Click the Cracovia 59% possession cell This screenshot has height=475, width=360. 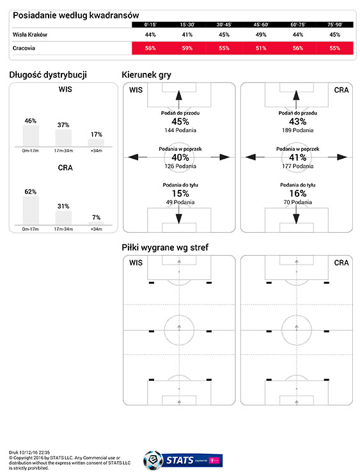[187, 48]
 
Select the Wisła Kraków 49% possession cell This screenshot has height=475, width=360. [261, 35]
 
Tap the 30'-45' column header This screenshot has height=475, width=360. [224, 24]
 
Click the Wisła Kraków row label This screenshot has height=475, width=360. [29, 35]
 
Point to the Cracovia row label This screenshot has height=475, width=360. [24, 48]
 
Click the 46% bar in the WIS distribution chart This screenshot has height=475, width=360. [31, 136]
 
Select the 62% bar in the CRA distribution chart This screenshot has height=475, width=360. [31, 210]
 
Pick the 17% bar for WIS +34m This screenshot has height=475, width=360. [96, 143]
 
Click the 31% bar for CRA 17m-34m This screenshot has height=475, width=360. [63, 217]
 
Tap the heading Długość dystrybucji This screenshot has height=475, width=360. [48, 75]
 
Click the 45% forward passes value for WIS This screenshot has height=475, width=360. [180, 121]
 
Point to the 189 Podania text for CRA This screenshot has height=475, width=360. [297, 130]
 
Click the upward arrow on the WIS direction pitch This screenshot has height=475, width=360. [179, 99]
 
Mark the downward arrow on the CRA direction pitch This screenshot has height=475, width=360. [296, 214]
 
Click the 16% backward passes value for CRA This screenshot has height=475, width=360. [297, 193]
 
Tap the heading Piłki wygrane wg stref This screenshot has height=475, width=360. [165, 247]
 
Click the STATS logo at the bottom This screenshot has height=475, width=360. [183, 460]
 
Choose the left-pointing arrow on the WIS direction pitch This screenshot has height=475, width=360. [138, 157]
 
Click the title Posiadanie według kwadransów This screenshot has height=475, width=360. [75, 15]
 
